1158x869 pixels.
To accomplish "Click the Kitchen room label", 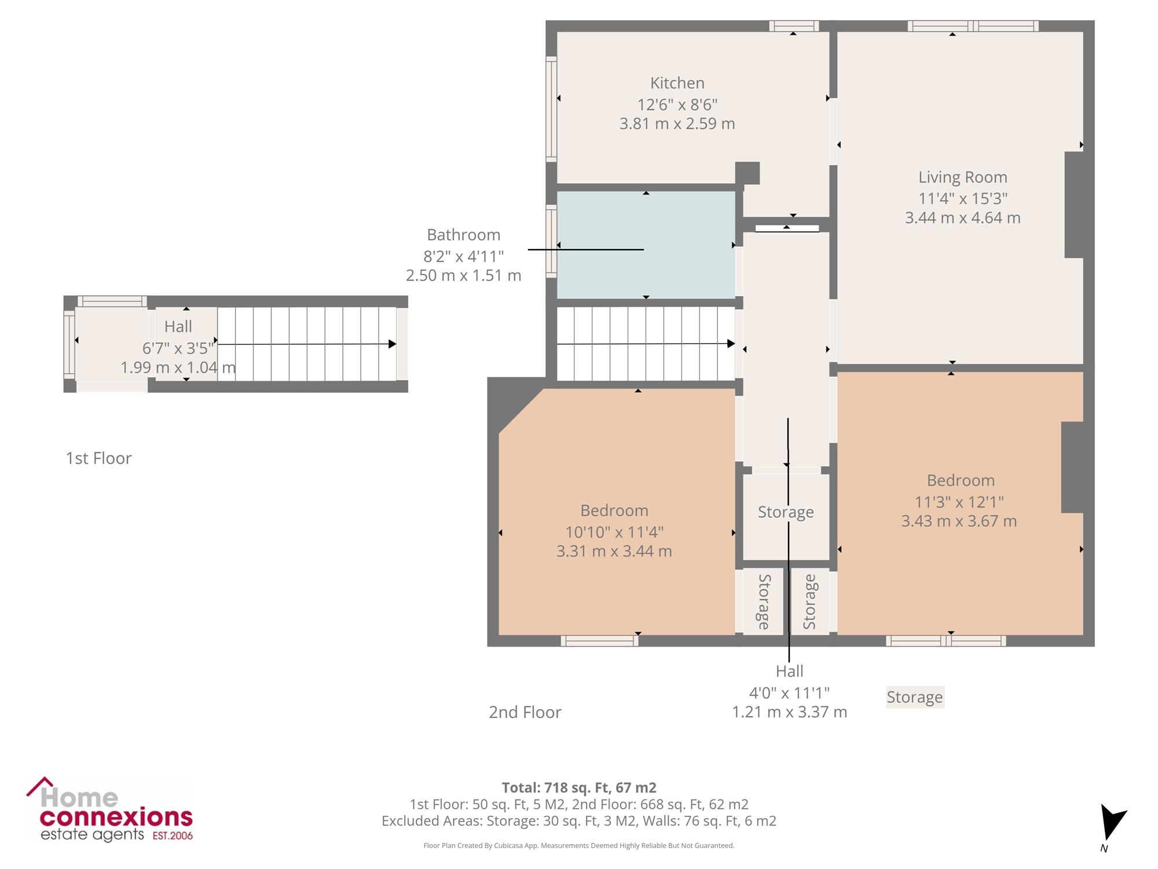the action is point(677,83).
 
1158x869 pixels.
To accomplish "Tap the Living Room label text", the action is point(962,177).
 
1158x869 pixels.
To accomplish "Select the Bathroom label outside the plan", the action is point(463,235).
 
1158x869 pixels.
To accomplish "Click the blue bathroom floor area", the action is point(646,244).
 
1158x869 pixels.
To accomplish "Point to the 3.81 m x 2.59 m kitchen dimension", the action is point(677,124).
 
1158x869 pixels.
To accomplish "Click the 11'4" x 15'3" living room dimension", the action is point(962,199).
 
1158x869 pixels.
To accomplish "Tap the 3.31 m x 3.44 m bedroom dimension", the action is point(614,552).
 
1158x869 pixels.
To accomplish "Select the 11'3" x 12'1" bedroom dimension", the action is point(959,502).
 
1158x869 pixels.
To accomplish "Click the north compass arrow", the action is point(1112,821).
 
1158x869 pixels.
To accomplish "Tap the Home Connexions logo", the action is point(109,809).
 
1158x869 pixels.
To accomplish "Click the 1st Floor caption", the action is point(98,458).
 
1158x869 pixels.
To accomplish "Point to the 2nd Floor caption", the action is point(525,712).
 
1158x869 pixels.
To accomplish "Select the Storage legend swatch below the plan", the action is point(915,697).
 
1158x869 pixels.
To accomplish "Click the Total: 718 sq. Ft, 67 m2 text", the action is point(579,788).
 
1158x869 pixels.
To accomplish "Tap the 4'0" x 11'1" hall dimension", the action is point(789,693).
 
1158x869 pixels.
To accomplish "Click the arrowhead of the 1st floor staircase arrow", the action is point(393,344).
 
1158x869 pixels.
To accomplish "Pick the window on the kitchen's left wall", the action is point(551,108).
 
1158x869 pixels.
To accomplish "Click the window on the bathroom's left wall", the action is point(551,241).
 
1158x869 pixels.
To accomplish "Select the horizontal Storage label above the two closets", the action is point(786,512).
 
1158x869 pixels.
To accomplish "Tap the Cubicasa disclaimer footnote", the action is point(579,846).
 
